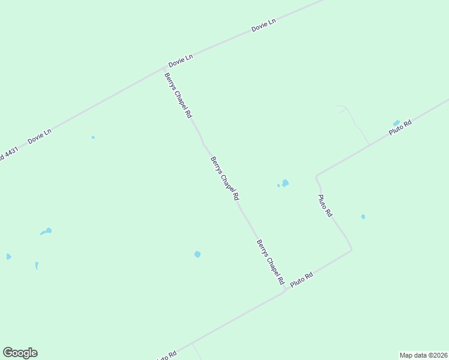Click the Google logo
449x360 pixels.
click(x=20, y=353)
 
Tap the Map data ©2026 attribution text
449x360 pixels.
click(x=423, y=355)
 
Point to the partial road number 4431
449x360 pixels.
click(x=9, y=154)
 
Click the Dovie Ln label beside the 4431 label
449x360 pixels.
click(x=40, y=137)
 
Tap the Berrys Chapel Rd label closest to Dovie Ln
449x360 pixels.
click(x=178, y=94)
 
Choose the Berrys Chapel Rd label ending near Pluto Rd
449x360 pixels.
click(x=270, y=262)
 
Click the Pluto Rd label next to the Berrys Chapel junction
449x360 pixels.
click(x=302, y=280)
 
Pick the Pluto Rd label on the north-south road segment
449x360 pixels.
click(x=325, y=206)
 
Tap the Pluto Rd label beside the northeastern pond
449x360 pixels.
click(x=400, y=128)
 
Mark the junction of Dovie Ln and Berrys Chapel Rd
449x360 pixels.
click(x=166, y=68)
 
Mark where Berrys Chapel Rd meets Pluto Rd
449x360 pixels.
click(x=285, y=290)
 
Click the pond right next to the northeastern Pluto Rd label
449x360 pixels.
click(x=396, y=123)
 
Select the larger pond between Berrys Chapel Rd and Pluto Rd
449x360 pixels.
click(x=285, y=183)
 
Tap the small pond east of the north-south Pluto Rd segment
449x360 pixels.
click(x=363, y=217)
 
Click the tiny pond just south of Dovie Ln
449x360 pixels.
click(x=93, y=137)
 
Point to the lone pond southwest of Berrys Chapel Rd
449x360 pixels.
click(x=197, y=254)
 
